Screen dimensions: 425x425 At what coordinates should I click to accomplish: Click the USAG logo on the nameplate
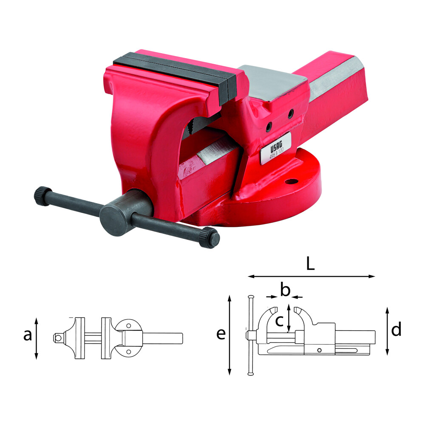click(x=276, y=148)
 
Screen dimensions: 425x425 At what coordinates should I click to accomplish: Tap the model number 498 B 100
click(x=277, y=155)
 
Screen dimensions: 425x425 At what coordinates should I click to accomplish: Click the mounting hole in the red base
click(x=293, y=181)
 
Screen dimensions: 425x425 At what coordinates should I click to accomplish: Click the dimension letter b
click(x=285, y=289)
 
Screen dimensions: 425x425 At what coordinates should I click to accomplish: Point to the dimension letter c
click(x=280, y=321)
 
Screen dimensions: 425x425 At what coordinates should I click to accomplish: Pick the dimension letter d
click(x=396, y=329)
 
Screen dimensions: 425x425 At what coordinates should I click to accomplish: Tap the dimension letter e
click(x=221, y=334)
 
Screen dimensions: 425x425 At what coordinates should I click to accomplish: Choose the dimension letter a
click(x=28, y=335)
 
